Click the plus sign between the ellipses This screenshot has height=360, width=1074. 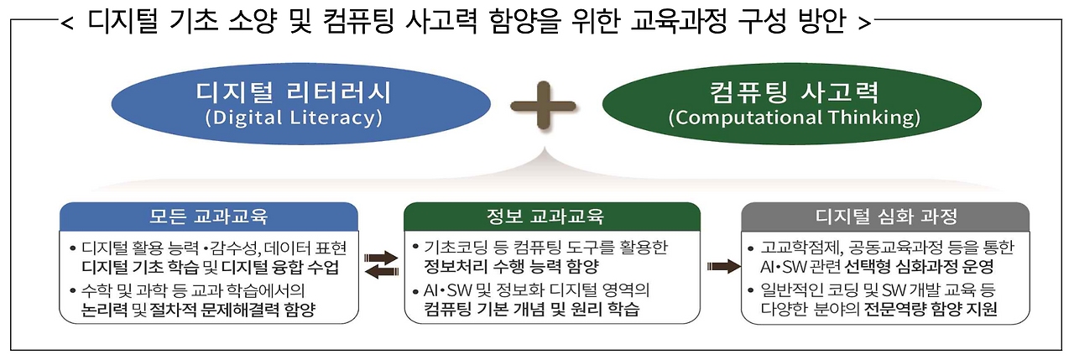pyautogui.click(x=545, y=103)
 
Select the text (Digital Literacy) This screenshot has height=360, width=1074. pyautogui.click(x=293, y=117)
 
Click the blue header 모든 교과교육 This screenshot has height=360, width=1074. pyautogui.click(x=209, y=217)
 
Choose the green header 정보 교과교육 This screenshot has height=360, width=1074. pyautogui.click(x=552, y=217)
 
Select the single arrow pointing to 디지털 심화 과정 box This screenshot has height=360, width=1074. pyautogui.click(x=722, y=266)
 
